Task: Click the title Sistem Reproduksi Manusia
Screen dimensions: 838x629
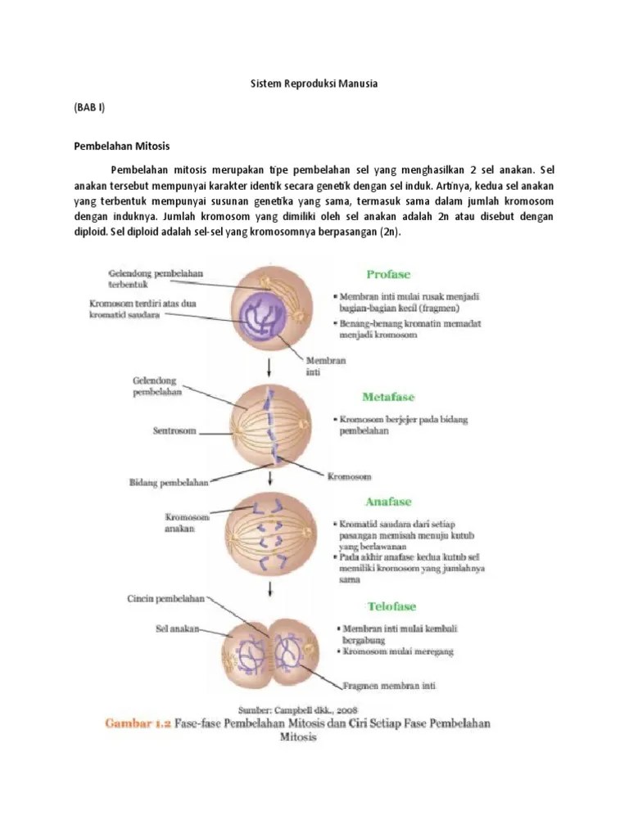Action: pos(314,84)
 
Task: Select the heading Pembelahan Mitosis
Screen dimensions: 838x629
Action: pos(121,146)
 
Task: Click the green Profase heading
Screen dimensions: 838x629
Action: pos(388,274)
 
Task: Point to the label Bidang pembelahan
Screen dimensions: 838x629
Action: pos(166,483)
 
